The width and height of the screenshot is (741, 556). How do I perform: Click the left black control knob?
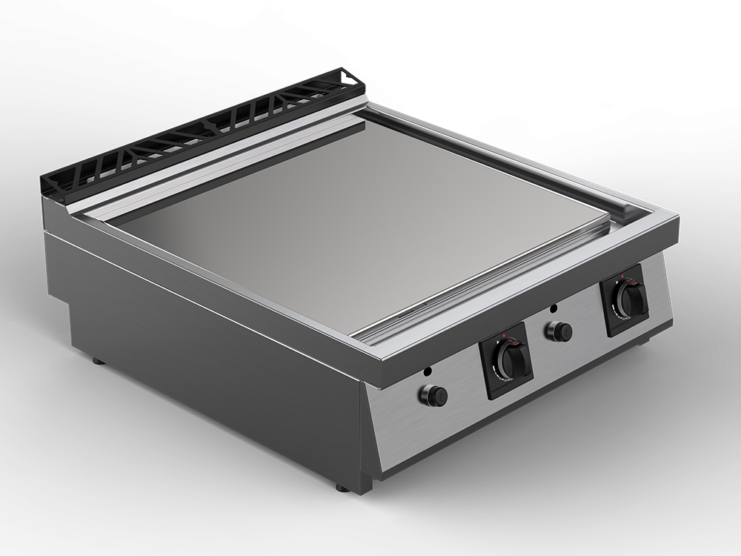point(513,359)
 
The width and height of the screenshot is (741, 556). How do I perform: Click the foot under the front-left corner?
point(341,488)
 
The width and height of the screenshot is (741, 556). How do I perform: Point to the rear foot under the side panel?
point(98,361)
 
